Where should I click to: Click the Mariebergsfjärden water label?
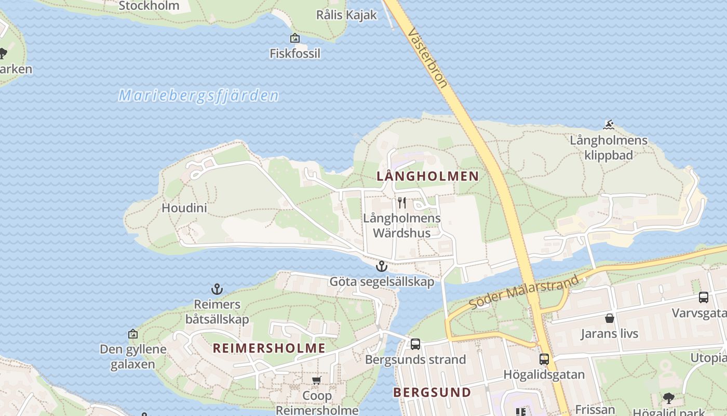tap(199, 96)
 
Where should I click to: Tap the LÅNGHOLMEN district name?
tap(427, 176)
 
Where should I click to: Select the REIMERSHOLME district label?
tap(269, 348)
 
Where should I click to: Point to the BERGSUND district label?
tap(432, 392)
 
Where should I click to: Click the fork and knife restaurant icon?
tap(401, 202)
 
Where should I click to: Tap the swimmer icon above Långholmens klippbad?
tap(609, 124)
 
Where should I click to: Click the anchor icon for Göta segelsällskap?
tap(382, 266)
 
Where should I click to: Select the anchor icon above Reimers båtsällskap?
tap(217, 289)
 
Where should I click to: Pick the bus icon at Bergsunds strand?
tap(415, 344)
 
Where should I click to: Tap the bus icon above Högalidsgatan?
tap(544, 359)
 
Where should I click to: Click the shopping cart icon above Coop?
tap(317, 380)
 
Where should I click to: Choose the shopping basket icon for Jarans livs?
tap(610, 318)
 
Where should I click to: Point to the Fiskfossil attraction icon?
tap(295, 38)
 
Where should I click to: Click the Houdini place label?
tap(184, 208)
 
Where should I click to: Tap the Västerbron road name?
tap(427, 57)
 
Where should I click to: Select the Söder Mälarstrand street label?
tap(524, 292)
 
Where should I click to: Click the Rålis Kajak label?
tap(346, 15)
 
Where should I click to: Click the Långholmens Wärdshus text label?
tap(401, 225)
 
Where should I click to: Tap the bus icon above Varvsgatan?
tap(704, 297)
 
